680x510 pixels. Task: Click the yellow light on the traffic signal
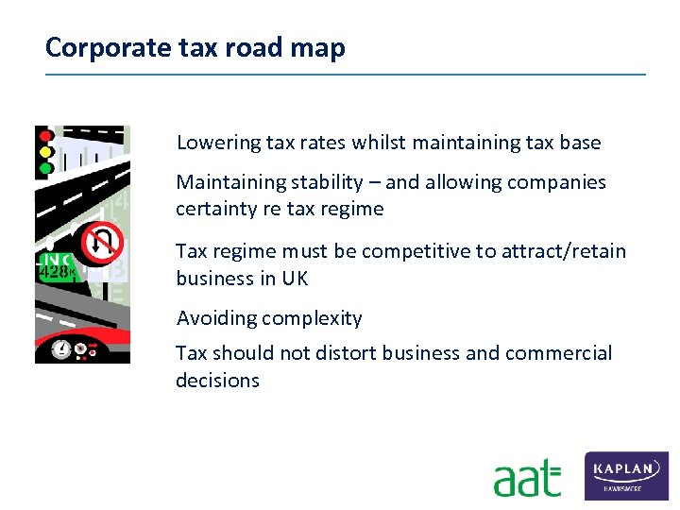tap(44, 152)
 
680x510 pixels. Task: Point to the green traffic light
tap(44, 167)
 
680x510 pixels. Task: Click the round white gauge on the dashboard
tap(62, 349)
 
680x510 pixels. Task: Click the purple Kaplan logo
tap(626, 475)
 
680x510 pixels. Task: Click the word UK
tap(295, 279)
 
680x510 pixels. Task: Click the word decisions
tap(217, 381)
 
